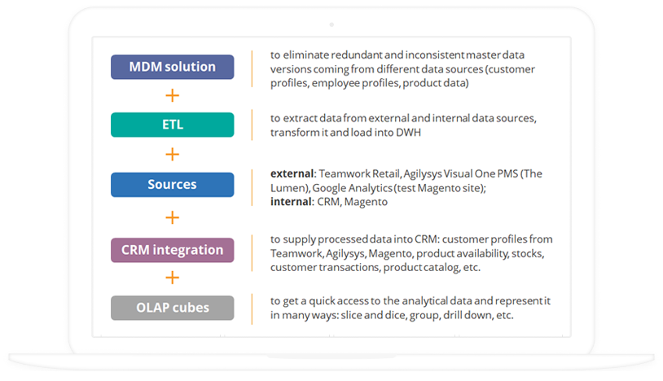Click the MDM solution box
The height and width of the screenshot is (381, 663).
[x=173, y=67]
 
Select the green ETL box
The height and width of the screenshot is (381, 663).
[x=173, y=125]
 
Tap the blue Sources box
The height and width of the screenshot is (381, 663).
[x=173, y=185]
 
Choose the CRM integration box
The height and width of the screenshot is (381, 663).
[x=173, y=250]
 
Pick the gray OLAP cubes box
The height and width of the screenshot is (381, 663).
[x=173, y=308]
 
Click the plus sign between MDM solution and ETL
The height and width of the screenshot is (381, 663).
[x=172, y=95]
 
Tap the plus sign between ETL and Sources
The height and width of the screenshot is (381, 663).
[x=172, y=154]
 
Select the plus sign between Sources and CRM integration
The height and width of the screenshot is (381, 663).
[x=172, y=217]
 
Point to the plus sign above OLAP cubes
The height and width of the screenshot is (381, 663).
[x=172, y=278]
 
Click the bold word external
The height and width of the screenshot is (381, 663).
[x=292, y=173]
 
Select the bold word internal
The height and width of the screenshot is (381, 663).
[x=291, y=201]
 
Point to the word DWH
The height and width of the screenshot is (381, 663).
[x=408, y=133]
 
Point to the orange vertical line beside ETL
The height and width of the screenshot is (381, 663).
[x=252, y=125]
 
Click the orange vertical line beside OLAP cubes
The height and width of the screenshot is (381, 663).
[x=252, y=309]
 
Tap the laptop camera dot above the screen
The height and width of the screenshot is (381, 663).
[x=331, y=25]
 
